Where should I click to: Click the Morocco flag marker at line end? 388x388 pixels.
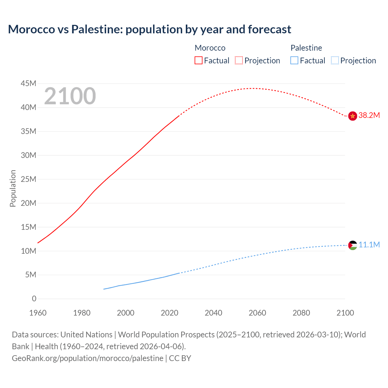pos(353,116)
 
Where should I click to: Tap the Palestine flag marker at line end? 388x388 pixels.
pos(353,245)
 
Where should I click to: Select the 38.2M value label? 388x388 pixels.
pos(369,115)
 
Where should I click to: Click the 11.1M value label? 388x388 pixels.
pos(369,245)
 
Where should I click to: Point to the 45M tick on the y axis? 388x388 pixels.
pos(28,83)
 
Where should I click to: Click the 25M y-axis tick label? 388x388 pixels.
pos(28,179)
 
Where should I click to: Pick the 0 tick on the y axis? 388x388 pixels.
pos(34,299)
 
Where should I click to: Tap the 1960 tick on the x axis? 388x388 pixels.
pos(38,313)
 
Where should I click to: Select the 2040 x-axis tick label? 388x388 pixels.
pos(213,313)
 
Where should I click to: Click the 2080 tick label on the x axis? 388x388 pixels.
pos(301,313)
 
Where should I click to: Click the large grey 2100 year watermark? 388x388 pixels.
pos(70,96)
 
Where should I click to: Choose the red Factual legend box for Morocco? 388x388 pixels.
pos(199,60)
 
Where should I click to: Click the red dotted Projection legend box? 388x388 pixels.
pos(239,60)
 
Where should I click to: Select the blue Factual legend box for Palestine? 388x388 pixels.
pos(294,60)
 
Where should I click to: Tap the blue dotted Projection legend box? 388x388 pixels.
pos(335,60)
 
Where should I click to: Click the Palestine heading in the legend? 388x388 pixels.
pos(306,48)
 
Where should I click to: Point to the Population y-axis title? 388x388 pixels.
pos(13,188)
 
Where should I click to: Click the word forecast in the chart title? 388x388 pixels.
pos(269,29)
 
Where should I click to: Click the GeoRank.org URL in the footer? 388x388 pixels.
pos(88,358)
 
